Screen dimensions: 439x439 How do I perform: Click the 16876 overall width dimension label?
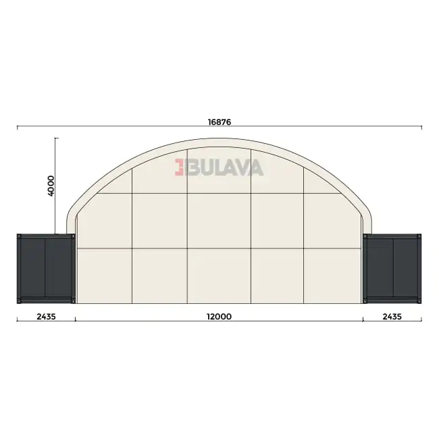pyautogui.click(x=219, y=122)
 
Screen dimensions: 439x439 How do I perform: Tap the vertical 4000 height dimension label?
pyautogui.click(x=51, y=186)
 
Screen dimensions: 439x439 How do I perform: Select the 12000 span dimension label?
pyautogui.click(x=219, y=317)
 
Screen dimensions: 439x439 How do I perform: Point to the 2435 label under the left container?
pyautogui.click(x=46, y=317)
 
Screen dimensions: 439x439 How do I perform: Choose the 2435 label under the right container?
pyautogui.click(x=392, y=317)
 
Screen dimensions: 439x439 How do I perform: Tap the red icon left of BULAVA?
pyautogui.click(x=179, y=167)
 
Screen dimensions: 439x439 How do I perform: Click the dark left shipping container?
pyautogui.click(x=46, y=269)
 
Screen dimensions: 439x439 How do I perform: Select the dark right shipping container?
pyautogui.click(x=392, y=269)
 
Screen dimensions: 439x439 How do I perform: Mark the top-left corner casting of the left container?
pyautogui.click(x=19, y=236)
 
